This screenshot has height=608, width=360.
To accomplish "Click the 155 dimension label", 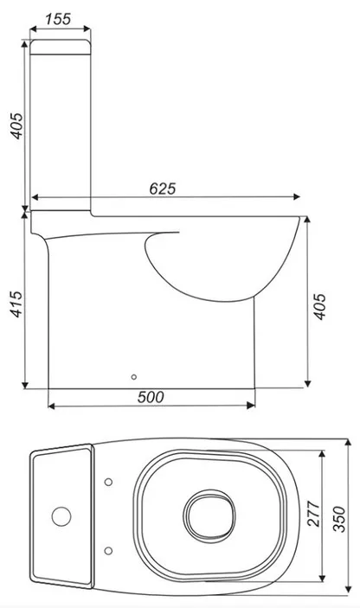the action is [x=58, y=19].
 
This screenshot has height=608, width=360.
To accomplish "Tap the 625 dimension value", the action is [x=163, y=189].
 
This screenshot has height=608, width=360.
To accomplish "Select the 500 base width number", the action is [x=151, y=397].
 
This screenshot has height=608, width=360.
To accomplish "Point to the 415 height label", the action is [x=16, y=304].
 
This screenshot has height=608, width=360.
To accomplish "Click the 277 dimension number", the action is [x=313, y=514].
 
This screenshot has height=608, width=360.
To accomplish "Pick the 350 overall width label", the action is [x=338, y=519].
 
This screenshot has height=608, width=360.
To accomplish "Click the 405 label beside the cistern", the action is [x=16, y=125].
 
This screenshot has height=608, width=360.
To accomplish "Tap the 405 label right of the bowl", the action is [x=320, y=306].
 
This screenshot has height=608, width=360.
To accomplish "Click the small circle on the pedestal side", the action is [x=134, y=377].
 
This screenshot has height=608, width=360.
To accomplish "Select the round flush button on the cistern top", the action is [x=61, y=516].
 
